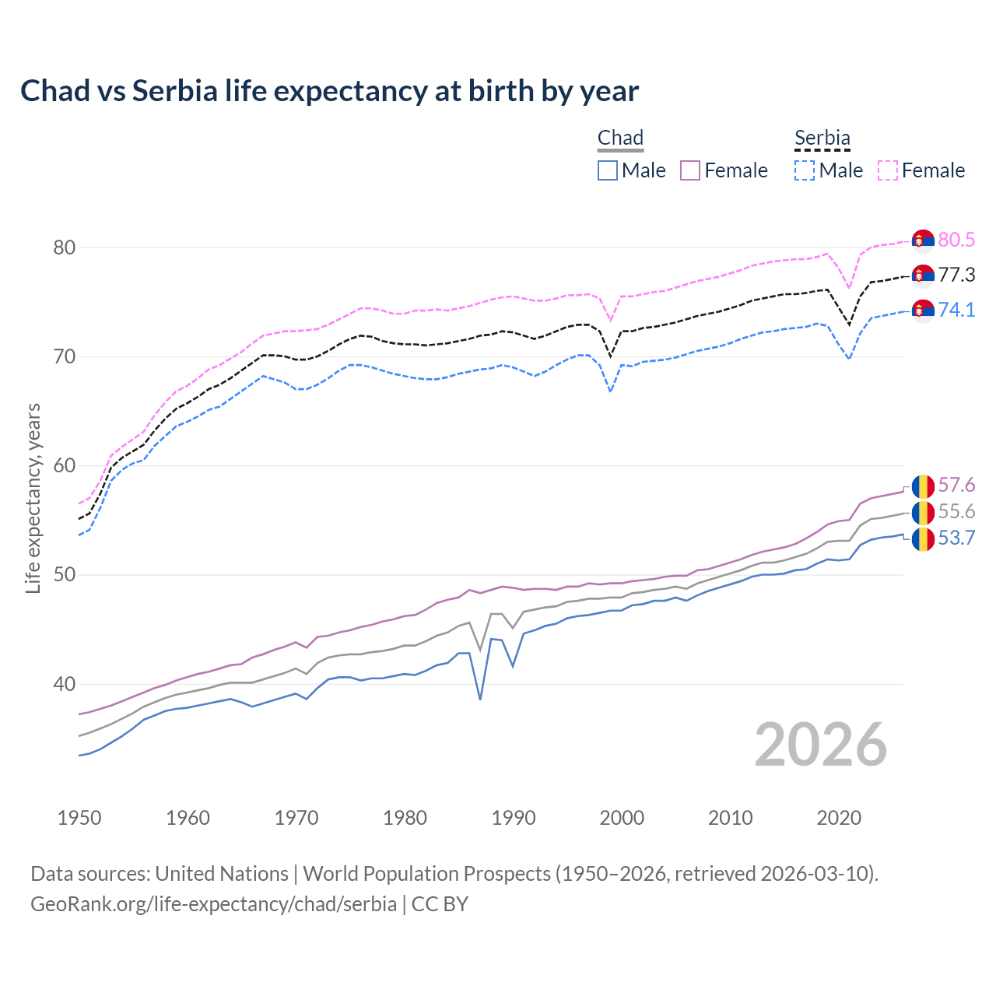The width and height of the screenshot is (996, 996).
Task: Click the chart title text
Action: pyautogui.click(x=329, y=91)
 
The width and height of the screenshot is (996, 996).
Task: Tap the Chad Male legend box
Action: pyautogui.click(x=608, y=170)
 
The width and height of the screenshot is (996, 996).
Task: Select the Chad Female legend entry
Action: pyautogui.click(x=724, y=170)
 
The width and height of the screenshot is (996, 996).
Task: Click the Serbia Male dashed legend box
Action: pyautogui.click(x=805, y=170)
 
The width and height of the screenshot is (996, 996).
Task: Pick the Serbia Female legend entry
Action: pyautogui.click(x=921, y=170)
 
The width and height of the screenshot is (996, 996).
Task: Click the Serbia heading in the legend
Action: pyautogui.click(x=822, y=139)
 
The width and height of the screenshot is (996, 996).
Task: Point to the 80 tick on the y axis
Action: pyautogui.click(x=64, y=248)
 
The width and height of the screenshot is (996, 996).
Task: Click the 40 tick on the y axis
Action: pyautogui.click(x=64, y=685)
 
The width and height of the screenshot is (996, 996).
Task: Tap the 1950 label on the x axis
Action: pyautogui.click(x=79, y=818)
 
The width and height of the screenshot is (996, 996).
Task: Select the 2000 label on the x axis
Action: pyautogui.click(x=622, y=818)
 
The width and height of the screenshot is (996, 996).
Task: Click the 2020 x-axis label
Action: pyautogui.click(x=839, y=818)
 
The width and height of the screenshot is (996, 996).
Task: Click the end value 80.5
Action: pyautogui.click(x=956, y=240)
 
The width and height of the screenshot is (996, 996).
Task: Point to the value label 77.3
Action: pyautogui.click(x=956, y=275)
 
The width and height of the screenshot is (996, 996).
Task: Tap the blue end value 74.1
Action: pyautogui.click(x=956, y=310)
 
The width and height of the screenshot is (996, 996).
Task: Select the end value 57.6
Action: pyautogui.click(x=956, y=486)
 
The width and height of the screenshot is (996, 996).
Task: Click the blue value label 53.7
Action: pyautogui.click(x=956, y=538)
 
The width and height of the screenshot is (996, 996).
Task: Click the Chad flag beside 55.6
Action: pyautogui.click(x=923, y=512)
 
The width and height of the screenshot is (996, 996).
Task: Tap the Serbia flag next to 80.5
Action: pyautogui.click(x=923, y=240)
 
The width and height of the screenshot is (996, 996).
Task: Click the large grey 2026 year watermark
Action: pyautogui.click(x=820, y=745)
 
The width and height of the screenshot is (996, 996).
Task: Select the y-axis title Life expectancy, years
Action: pyautogui.click(x=33, y=498)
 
